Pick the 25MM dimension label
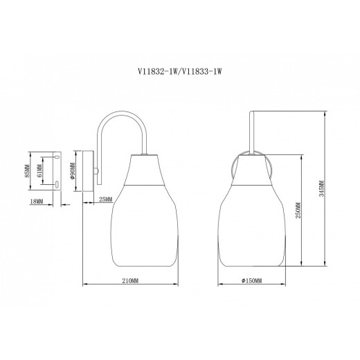(105, 200)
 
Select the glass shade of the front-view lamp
(253, 225)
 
